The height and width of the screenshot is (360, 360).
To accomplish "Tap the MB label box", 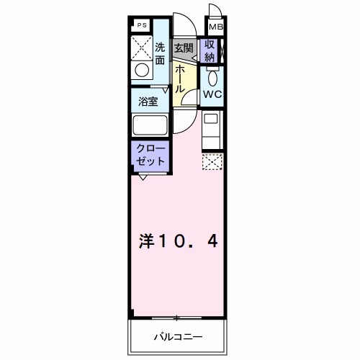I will (x=215, y=27).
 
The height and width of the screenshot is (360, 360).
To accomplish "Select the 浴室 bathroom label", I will (x=150, y=102).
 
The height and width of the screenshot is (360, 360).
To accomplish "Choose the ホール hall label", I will (x=180, y=78).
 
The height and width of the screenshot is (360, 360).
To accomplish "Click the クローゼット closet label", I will (x=150, y=153).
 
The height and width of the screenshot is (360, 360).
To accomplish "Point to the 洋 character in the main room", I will (x=145, y=240).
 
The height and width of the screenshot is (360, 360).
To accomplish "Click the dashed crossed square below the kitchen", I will (x=212, y=162).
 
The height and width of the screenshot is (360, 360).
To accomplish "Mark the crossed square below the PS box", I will (x=143, y=47).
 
